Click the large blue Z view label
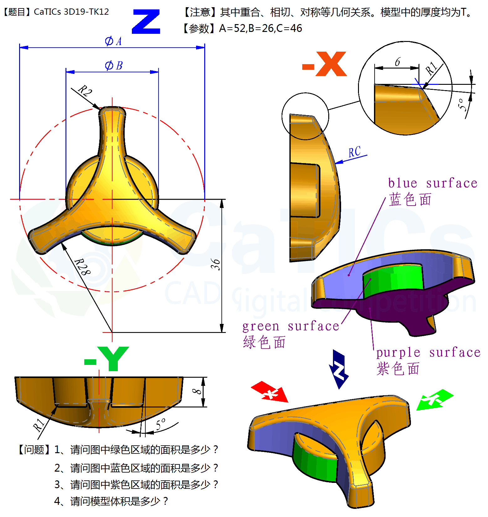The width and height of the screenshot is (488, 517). click(x=146, y=22)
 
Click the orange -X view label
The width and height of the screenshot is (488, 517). click(x=325, y=64)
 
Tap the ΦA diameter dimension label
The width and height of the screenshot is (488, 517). click(x=113, y=41)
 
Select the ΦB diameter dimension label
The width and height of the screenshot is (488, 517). click(x=113, y=65)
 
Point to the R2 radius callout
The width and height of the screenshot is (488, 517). click(x=85, y=91)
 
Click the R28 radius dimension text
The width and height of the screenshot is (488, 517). click(x=82, y=267)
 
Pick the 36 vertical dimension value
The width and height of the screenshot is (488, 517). click(x=215, y=264)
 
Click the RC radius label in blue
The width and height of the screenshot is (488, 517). click(x=355, y=152)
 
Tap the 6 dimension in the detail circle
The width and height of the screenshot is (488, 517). click(x=397, y=62)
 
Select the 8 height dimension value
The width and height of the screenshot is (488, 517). click(x=197, y=392)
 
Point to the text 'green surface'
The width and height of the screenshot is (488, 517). click(x=291, y=326)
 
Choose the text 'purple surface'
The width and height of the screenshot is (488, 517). click(x=428, y=352)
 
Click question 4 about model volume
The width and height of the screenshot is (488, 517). click(x=111, y=501)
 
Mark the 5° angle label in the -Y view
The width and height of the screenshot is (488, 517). click(x=161, y=424)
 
